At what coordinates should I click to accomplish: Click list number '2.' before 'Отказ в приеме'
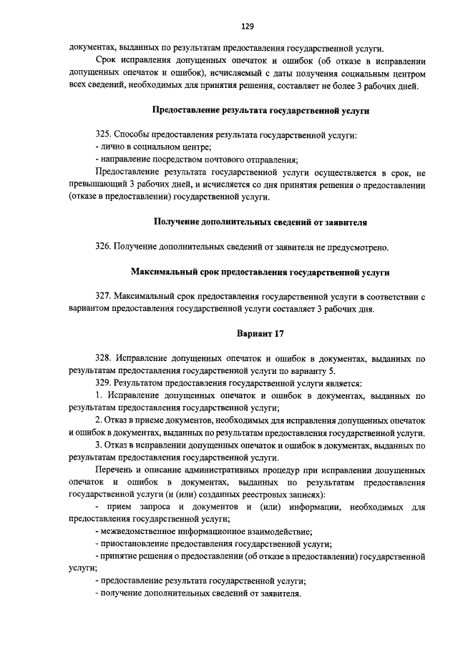99,420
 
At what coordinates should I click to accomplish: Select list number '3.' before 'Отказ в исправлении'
99,445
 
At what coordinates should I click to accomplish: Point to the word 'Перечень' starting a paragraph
114,470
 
